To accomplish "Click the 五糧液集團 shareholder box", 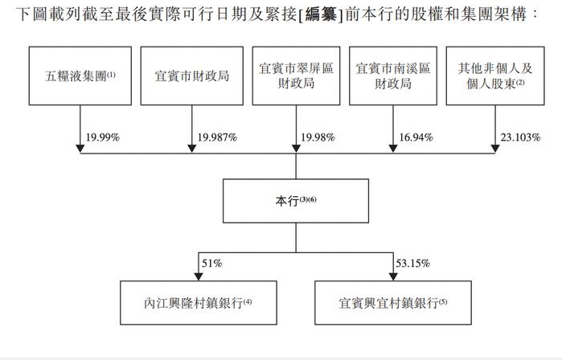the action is [x=80, y=76].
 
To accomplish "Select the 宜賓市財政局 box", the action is [x=191, y=76].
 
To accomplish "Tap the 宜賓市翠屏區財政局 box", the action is [x=296, y=76].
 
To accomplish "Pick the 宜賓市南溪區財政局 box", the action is [x=393, y=76].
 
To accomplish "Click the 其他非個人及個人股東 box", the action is [x=495, y=76].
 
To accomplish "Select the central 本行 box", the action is [x=296, y=201].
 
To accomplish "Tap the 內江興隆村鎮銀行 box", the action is [x=199, y=303].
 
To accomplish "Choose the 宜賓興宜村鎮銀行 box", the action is [x=393, y=303].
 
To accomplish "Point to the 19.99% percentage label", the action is [x=102, y=137].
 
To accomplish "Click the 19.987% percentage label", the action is [x=217, y=137].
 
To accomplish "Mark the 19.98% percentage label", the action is [x=318, y=137].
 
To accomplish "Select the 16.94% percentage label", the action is [x=416, y=137].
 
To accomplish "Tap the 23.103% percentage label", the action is [x=520, y=137].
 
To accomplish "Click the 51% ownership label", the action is [x=211, y=264].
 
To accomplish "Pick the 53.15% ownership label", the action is [x=412, y=264].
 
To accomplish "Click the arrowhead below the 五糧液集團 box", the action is [x=80, y=149].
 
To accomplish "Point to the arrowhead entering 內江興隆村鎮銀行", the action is [x=199, y=276].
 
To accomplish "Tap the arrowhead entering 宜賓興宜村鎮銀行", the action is [x=393, y=276].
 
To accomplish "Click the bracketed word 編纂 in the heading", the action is [x=321, y=14].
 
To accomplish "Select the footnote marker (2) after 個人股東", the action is [x=520, y=82].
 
